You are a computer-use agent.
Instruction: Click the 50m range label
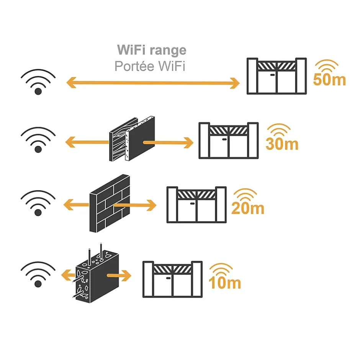tap(329, 79)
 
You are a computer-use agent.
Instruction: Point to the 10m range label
tap(225, 283)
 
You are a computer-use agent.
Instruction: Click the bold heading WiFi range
tap(152, 50)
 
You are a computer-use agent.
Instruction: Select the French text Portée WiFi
tap(150, 66)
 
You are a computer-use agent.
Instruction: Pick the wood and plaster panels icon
tap(132, 140)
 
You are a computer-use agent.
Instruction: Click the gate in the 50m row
tap(277, 76)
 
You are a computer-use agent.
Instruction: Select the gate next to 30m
tap(228, 140)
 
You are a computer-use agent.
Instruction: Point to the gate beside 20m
tap(196, 205)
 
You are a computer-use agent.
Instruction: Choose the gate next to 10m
tap(172, 279)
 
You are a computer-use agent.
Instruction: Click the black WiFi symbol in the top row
tap(38, 82)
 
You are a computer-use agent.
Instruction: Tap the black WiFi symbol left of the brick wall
tap(38, 203)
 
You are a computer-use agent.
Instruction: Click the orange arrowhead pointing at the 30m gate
tap(188, 143)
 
